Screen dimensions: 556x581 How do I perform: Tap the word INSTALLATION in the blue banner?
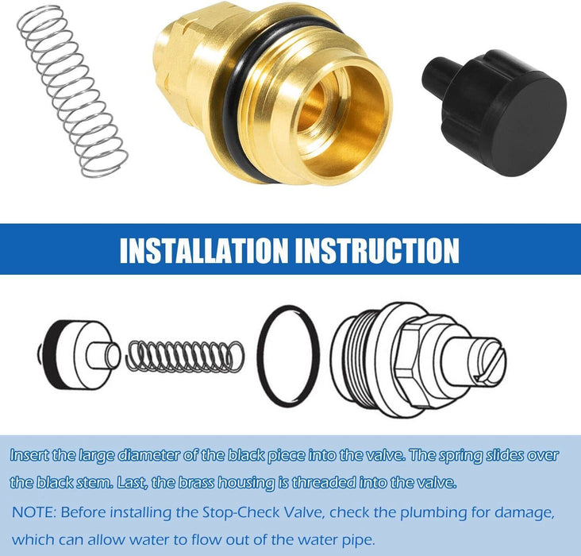pyautogui.click(x=205, y=249)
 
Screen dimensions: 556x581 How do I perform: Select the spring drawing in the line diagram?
pyautogui.click(x=186, y=355)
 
